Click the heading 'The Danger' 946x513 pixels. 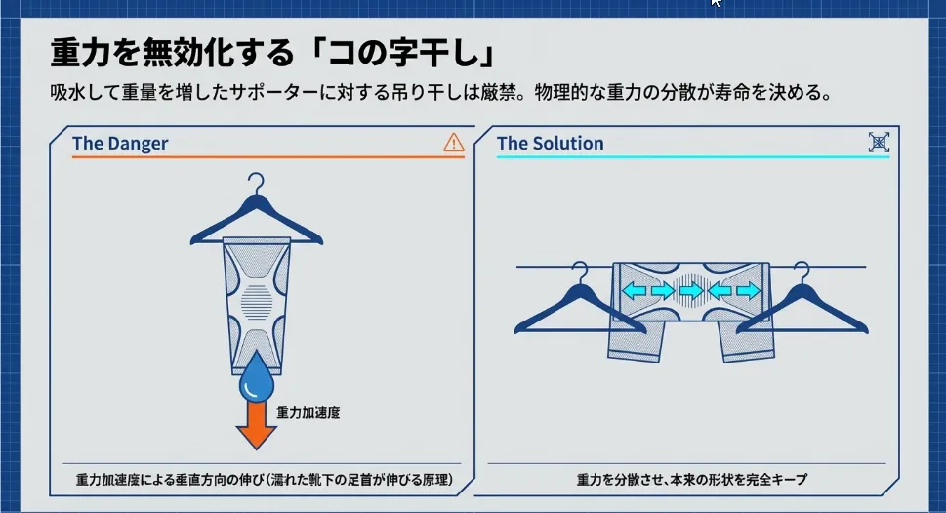tap(120, 144)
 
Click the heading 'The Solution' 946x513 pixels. tap(550, 144)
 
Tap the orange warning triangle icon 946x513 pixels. tap(454, 143)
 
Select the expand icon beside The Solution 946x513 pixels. tap(880, 143)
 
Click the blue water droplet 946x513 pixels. tap(257, 376)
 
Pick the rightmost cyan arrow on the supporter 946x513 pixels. tap(748, 291)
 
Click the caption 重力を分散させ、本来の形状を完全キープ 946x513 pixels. tap(691, 480)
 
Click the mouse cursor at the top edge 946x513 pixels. tap(716, 4)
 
